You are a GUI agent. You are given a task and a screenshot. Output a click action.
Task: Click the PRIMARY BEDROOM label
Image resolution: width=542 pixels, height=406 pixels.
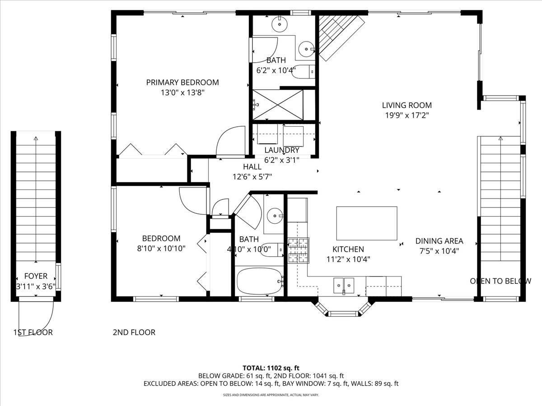point(182,83)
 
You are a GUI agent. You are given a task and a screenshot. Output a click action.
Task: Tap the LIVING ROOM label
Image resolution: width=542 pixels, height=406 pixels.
point(407,105)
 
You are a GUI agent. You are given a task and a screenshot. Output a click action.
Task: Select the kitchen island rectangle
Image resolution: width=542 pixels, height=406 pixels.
point(367,223)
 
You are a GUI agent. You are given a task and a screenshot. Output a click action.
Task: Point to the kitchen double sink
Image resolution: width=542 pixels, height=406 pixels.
point(344,286)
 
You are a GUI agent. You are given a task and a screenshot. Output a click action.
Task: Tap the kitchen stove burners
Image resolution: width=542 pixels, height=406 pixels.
point(299,250)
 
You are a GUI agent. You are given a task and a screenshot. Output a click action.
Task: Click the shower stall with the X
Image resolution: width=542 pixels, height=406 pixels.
point(278,105)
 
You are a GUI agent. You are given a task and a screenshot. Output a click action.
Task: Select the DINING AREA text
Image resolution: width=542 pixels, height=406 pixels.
point(439,241)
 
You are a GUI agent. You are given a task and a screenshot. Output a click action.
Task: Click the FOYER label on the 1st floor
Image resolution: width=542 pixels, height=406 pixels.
point(36,276)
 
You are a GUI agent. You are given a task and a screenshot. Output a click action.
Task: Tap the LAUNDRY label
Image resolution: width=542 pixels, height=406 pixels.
point(282,150)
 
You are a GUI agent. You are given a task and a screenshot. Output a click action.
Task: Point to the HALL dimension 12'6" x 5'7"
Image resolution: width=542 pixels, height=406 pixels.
point(252,177)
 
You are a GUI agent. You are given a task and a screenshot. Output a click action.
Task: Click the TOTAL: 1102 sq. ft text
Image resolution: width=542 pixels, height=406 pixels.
point(271,368)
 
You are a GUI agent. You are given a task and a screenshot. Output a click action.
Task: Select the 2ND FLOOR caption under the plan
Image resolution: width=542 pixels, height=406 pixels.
point(134,332)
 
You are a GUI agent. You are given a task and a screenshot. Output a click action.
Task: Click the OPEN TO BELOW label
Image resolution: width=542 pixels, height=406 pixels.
point(500,281)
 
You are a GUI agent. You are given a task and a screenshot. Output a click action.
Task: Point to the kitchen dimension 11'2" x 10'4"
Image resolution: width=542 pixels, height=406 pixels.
point(348,259)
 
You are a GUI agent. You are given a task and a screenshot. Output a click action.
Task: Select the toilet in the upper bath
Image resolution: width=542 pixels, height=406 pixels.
point(303,72)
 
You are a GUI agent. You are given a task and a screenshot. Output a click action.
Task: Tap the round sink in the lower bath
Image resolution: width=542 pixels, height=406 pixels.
point(275,216)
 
